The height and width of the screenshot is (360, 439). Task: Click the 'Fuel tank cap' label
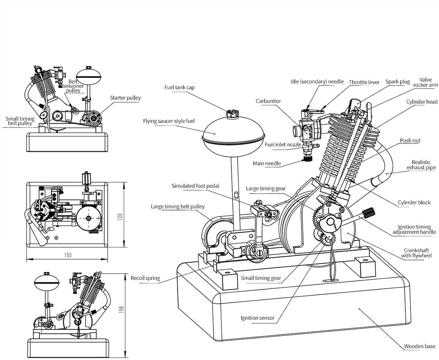tap(179, 87)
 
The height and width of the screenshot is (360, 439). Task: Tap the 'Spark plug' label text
tap(398, 82)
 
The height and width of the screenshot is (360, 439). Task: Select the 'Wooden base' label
tap(420, 346)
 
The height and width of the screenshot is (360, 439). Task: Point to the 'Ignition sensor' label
tap(258, 318)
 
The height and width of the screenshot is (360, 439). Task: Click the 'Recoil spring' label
tap(145, 278)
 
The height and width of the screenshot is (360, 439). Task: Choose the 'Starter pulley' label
tap(125, 98)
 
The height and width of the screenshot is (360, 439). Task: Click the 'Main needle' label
tap(267, 163)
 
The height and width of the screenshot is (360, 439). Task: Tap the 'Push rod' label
tap(410, 141)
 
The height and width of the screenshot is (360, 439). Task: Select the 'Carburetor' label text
tap(268, 101)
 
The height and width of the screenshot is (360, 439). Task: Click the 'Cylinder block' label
tap(414, 202)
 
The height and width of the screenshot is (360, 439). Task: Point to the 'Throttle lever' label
tap(364, 82)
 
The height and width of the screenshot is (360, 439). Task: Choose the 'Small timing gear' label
tap(261, 278)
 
